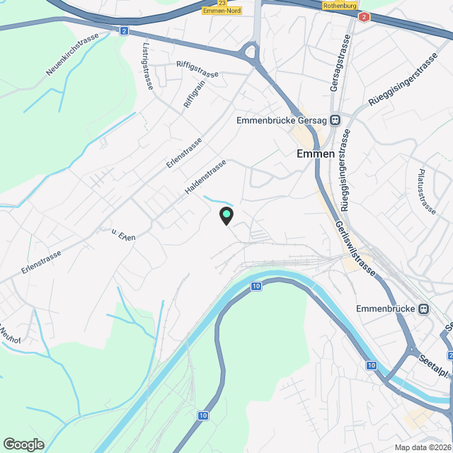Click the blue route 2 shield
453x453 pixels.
pos(124,31)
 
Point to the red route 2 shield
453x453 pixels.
pos(364,17)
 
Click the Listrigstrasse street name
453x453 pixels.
pos(147,68)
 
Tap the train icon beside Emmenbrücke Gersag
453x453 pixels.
pos(334,120)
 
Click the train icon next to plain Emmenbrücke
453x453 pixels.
pos(423,309)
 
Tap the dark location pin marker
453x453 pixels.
pos(226,215)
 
